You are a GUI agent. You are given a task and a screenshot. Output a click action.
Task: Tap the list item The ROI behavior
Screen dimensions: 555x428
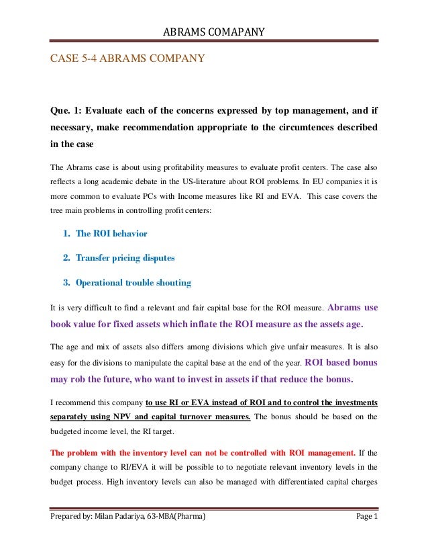[111, 234]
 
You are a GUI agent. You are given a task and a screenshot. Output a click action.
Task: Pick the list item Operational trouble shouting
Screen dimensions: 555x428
[133, 283]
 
